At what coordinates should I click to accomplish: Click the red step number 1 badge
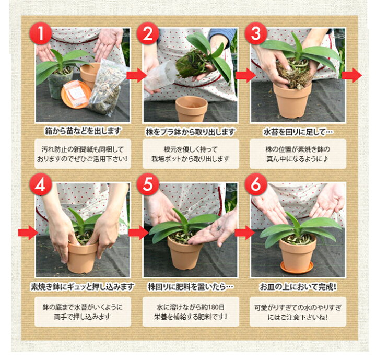point(41,33)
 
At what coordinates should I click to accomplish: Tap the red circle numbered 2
point(148,33)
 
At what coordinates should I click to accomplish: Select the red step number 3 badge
point(255,33)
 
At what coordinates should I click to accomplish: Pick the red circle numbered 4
point(41,184)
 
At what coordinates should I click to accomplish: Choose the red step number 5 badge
point(148,184)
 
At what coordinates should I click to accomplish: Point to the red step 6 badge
point(255,184)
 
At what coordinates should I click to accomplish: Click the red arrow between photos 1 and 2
point(136,75)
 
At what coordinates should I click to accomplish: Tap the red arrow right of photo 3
point(351,75)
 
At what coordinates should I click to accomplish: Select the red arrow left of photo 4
point(28,233)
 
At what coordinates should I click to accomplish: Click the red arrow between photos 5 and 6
point(244,233)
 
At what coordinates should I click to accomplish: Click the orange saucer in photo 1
point(76,95)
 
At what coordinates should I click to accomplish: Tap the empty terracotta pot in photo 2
point(191,109)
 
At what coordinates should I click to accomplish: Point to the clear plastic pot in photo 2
point(160,76)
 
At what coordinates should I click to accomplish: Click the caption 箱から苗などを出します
point(83,131)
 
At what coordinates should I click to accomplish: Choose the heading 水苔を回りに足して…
point(298,132)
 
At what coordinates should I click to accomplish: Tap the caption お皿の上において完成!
point(298,286)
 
